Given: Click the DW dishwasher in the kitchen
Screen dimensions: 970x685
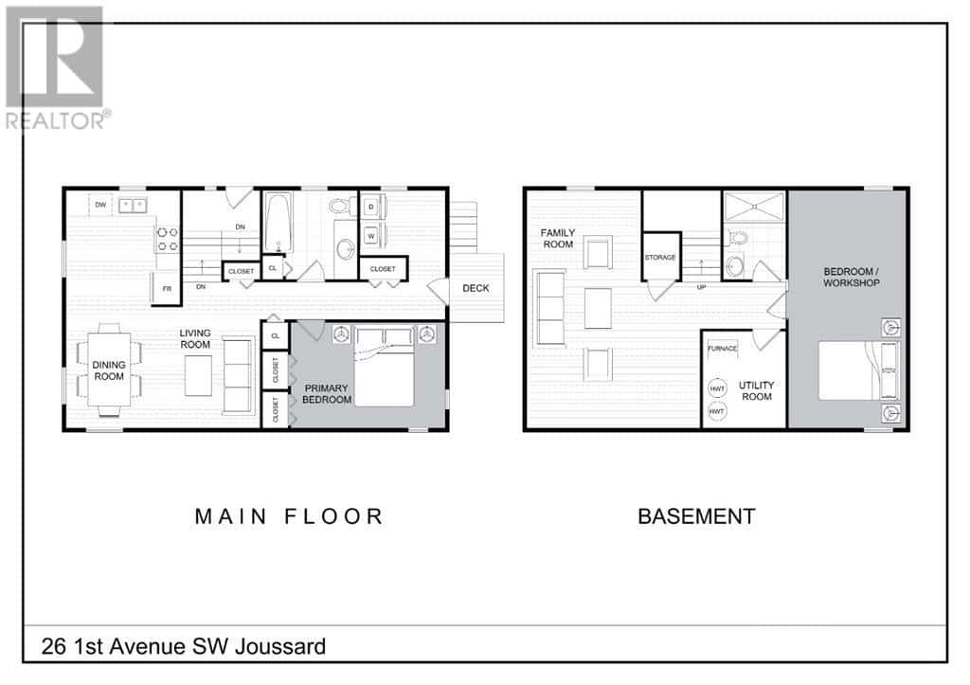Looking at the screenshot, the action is (x=100, y=205).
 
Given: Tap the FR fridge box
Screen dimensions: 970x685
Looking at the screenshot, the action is (x=167, y=288).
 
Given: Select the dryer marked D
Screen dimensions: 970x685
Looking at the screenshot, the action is (x=370, y=207).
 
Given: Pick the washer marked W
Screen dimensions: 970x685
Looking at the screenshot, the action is (x=370, y=236).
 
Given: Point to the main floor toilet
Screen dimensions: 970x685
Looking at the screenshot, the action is (x=342, y=206).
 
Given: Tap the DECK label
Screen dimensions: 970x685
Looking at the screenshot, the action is (x=476, y=288).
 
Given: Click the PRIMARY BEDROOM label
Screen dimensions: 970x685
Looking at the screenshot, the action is (x=327, y=393).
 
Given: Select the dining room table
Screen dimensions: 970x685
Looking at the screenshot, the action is (x=109, y=370).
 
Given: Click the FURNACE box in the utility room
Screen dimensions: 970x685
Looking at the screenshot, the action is (x=723, y=349).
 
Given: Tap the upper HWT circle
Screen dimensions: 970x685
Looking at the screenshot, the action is (x=717, y=388).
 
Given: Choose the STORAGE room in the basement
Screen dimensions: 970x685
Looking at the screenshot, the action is (x=660, y=256).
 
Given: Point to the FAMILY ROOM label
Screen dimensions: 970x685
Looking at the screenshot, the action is (x=558, y=238).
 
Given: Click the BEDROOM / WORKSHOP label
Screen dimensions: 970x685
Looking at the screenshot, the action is (x=852, y=277).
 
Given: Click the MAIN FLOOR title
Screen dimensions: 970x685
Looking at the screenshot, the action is (x=289, y=516).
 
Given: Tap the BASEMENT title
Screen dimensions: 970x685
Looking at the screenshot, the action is (x=696, y=516).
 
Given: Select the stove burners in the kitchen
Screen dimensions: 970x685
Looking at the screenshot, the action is (x=168, y=239).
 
